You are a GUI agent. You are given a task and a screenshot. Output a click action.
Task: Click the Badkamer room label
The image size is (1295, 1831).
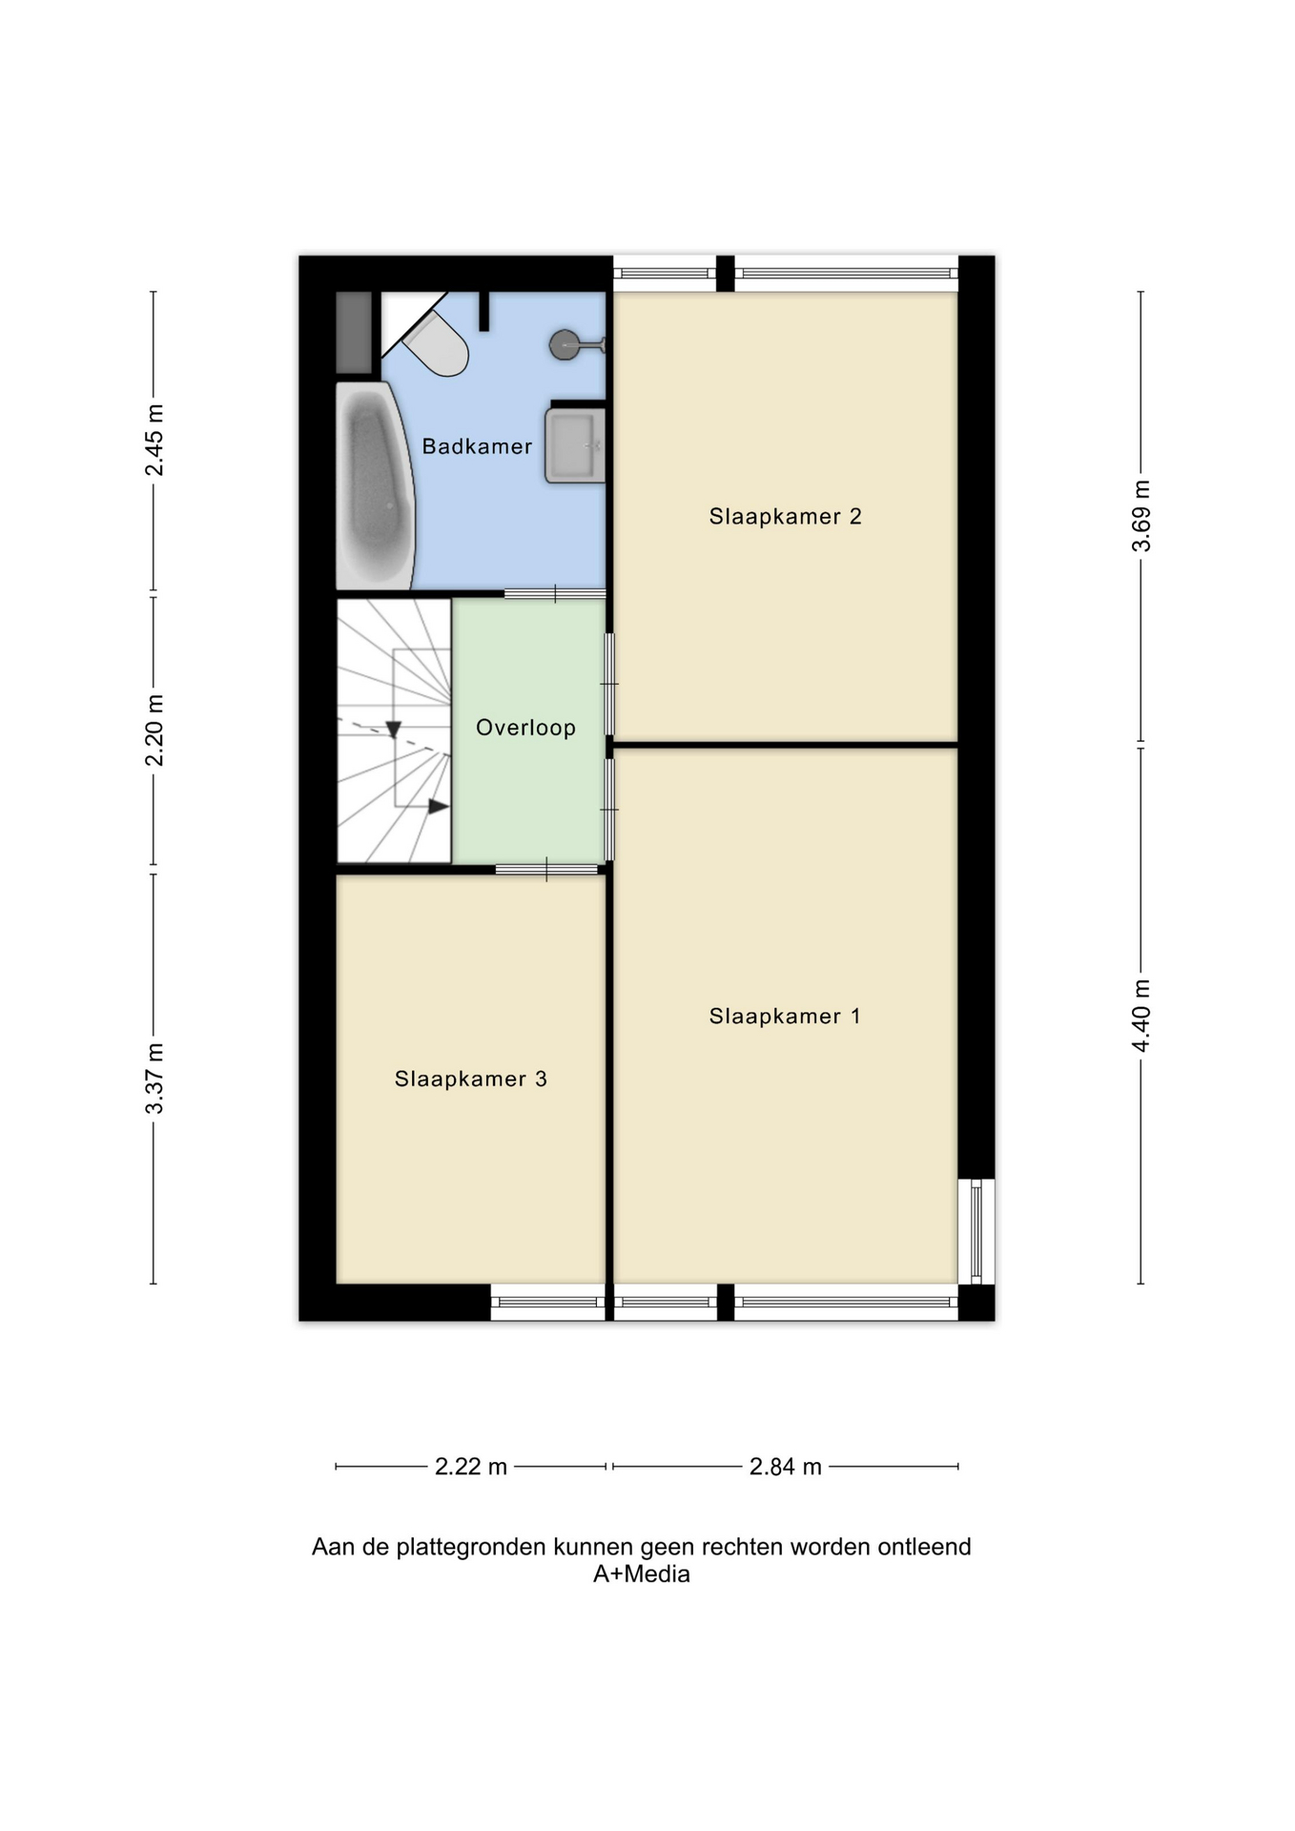(477, 446)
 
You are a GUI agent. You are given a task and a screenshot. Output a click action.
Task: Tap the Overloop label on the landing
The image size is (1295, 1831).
(525, 728)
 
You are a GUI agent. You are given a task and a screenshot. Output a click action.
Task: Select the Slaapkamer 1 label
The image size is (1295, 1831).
(785, 1017)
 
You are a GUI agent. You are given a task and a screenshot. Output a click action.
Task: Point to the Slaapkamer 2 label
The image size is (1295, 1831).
(785, 517)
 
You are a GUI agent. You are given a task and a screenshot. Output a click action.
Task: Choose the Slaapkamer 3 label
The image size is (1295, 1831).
(471, 1080)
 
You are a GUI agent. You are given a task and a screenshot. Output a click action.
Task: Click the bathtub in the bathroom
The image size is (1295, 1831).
(375, 486)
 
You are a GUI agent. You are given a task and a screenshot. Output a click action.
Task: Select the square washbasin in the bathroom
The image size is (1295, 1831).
(575, 445)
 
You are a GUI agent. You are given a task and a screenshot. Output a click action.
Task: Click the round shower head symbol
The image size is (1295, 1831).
(565, 344)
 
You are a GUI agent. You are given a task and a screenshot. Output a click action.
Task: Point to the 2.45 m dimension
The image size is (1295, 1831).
(154, 440)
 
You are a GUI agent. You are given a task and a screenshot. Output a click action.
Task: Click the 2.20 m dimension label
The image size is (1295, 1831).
(154, 730)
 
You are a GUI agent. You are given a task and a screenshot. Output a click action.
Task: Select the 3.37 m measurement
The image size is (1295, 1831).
(154, 1079)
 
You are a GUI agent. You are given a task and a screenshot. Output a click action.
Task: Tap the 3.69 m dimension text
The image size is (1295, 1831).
(1141, 516)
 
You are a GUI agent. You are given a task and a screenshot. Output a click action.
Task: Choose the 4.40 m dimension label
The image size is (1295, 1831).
(1141, 1016)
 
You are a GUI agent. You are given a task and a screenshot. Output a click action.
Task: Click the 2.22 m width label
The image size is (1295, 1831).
(471, 1466)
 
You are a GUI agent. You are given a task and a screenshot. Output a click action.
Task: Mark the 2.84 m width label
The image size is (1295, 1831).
(786, 1466)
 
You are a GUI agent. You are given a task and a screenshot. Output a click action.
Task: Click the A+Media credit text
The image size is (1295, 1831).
(642, 1574)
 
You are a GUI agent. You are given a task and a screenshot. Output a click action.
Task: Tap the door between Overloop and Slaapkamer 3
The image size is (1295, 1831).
(547, 869)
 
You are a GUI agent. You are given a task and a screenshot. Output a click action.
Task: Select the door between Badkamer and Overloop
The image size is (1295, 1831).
(555, 594)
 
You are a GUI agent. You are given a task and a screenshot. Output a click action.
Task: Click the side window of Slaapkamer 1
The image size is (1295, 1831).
(976, 1231)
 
